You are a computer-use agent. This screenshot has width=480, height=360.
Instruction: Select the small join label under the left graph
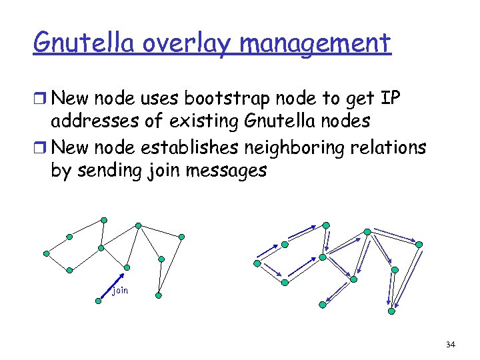coord(120,291)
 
